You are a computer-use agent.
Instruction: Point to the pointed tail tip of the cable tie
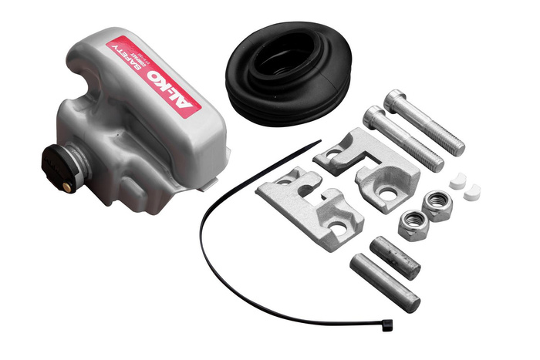319,143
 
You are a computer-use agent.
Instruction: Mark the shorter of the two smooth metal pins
394,257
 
